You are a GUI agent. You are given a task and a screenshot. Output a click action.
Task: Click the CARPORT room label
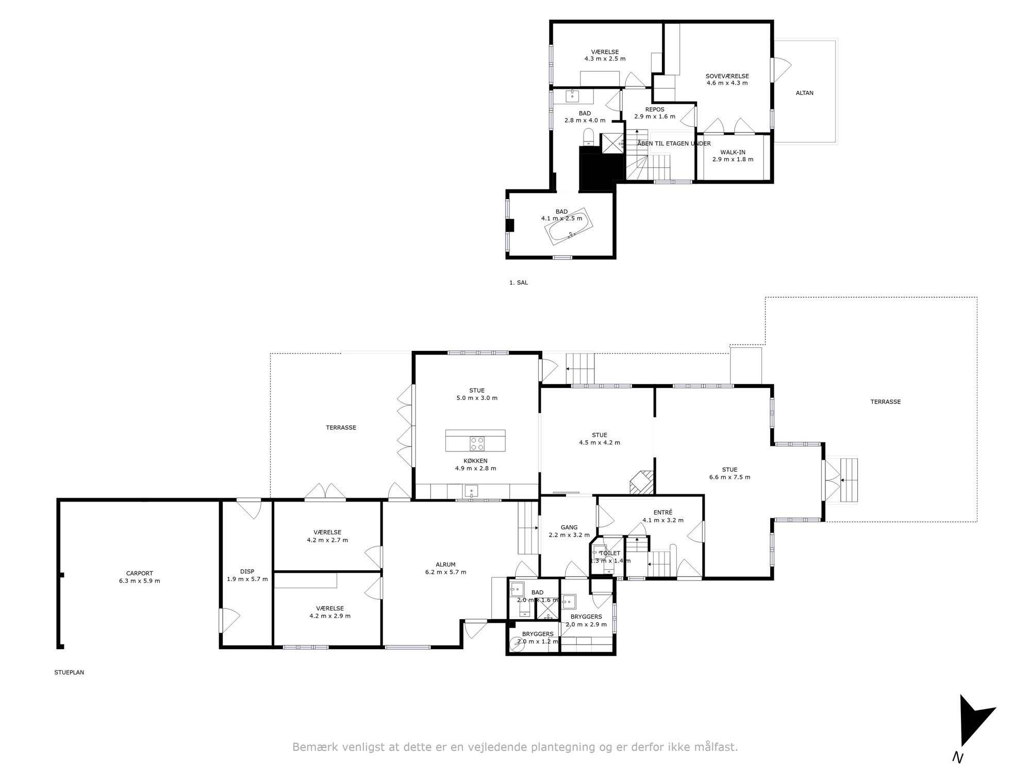[x=140, y=573]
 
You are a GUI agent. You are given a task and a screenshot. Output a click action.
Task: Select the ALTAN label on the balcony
[x=805, y=93]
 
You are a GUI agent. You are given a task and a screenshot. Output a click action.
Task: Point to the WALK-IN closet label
[x=733, y=152]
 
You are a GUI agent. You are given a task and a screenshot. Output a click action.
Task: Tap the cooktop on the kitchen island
[x=477, y=443]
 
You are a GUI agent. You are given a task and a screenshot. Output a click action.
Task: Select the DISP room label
[x=247, y=572]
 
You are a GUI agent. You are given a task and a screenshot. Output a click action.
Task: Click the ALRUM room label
[x=445, y=565]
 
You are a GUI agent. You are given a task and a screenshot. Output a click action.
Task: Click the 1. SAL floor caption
[x=519, y=283]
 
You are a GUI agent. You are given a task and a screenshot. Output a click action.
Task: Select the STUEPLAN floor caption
[x=69, y=672]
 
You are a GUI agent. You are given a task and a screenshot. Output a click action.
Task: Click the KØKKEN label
[x=475, y=461]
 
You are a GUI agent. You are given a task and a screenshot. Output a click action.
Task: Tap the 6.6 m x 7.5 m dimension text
[x=729, y=477]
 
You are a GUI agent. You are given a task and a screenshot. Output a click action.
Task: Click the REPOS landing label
[x=655, y=109]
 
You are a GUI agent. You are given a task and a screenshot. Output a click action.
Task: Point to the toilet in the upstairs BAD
[x=589, y=137]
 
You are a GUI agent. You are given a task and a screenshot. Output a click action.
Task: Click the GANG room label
[x=569, y=527]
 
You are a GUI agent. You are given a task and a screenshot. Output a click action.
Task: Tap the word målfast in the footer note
[x=718, y=747]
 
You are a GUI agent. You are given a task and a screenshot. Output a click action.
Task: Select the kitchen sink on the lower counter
[x=471, y=491]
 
